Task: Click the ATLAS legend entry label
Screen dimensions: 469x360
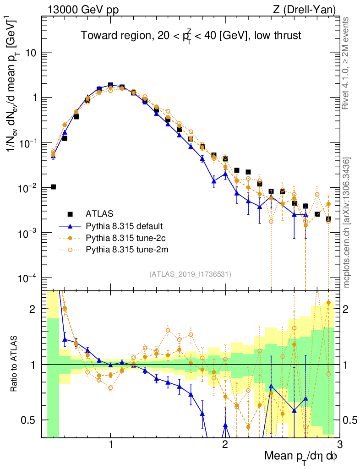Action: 99,213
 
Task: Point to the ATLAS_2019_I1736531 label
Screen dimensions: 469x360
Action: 190,274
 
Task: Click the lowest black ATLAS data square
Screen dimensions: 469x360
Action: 53,187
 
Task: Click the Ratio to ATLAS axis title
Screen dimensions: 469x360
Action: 15,364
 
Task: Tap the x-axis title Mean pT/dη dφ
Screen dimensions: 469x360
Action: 301,456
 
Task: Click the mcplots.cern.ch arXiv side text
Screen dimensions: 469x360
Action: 348,222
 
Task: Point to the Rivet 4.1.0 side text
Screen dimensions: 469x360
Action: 348,63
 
